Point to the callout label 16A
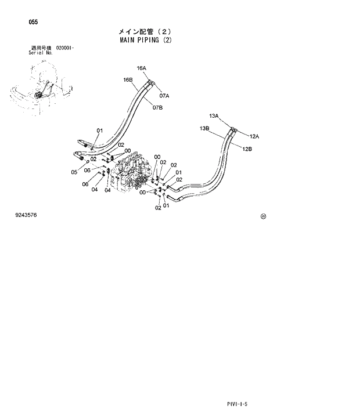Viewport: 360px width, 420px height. (x=141, y=68)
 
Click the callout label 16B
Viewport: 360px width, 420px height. (x=128, y=79)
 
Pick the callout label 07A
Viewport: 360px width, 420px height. (x=164, y=96)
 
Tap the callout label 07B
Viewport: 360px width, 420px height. (x=157, y=107)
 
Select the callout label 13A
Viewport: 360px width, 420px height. (x=214, y=116)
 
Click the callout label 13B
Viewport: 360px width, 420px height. (x=204, y=128)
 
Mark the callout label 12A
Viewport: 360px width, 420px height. (x=254, y=136)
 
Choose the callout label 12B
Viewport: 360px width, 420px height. (x=247, y=149)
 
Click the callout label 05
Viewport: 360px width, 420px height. (x=74, y=172)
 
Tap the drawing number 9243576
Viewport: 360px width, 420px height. (x=26, y=215)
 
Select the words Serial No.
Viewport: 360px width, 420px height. (x=41, y=52)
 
